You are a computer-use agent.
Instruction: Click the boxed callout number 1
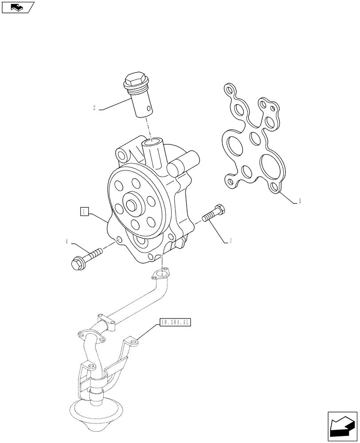pyautogui.click(x=84, y=211)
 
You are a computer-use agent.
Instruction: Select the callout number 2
pyautogui.click(x=95, y=108)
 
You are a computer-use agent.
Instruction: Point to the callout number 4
pyautogui.click(x=67, y=242)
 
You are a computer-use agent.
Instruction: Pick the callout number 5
pyautogui.click(x=300, y=202)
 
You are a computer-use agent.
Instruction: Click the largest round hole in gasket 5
pyautogui.click(x=270, y=165)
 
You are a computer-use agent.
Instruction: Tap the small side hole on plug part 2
pyautogui.click(x=150, y=106)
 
